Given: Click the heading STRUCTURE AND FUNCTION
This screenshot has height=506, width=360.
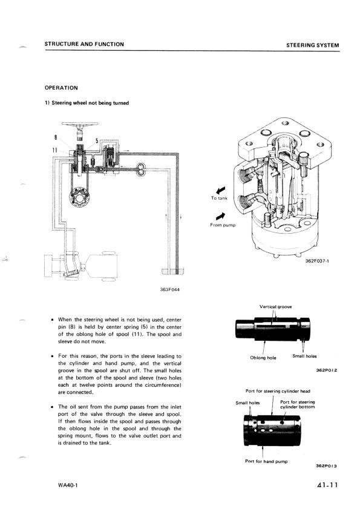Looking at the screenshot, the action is click(x=84, y=44).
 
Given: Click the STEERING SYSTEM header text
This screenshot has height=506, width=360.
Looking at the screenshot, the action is click(x=313, y=45).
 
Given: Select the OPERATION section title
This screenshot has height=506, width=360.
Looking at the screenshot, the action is click(x=61, y=88).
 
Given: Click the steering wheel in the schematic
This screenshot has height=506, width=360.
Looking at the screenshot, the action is click(x=80, y=124).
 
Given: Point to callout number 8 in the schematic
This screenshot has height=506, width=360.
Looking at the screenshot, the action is click(x=56, y=137).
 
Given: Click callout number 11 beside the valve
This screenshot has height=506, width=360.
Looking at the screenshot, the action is click(x=55, y=150).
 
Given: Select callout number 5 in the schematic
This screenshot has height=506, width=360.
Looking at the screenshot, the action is click(x=96, y=140).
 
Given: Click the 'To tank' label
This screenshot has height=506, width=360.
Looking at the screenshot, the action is click(x=220, y=198).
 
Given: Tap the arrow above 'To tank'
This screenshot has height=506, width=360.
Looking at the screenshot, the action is click(x=221, y=190).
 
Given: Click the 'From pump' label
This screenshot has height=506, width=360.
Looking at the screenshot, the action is click(x=223, y=225).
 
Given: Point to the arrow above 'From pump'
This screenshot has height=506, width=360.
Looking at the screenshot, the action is click(x=221, y=216).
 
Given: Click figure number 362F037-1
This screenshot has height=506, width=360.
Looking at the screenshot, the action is click(x=317, y=261).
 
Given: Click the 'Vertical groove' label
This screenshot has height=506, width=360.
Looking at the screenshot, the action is click(x=276, y=307).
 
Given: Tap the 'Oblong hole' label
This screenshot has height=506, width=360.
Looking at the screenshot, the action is click(x=263, y=358).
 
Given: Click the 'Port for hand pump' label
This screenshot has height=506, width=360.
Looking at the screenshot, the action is click(x=266, y=461).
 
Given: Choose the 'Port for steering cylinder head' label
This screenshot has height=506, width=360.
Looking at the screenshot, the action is click(x=278, y=391).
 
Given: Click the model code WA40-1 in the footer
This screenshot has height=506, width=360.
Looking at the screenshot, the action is click(x=68, y=485).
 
